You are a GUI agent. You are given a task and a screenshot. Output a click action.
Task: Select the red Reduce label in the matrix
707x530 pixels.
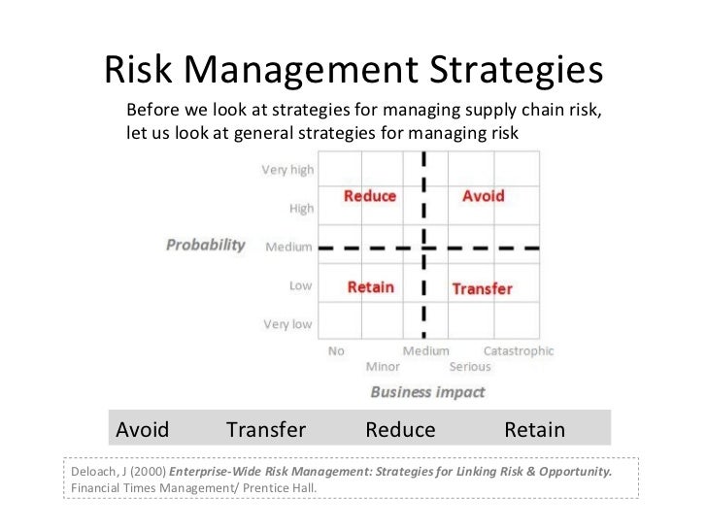point(370,196)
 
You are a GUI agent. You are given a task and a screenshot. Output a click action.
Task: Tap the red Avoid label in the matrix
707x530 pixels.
point(483,196)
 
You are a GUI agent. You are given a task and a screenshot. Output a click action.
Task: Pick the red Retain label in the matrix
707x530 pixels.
point(371,287)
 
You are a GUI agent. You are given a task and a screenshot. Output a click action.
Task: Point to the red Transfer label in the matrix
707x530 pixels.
point(482,288)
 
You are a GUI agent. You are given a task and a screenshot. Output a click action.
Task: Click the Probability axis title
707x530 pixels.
point(205,245)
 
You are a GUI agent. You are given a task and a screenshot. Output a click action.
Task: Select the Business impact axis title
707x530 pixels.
point(427,392)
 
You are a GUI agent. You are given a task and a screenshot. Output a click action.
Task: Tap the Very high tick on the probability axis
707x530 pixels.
point(287,170)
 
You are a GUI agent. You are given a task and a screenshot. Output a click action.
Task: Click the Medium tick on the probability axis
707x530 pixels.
point(289,247)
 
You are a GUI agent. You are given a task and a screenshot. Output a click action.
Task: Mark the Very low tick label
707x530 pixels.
point(288,324)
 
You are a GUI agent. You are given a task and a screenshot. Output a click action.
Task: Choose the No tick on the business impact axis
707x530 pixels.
point(336,351)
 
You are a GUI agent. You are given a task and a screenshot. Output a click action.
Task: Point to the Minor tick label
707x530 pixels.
point(383,367)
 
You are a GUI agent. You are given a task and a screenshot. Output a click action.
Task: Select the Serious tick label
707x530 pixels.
point(470,367)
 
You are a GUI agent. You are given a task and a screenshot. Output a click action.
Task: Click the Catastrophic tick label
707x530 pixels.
point(519,351)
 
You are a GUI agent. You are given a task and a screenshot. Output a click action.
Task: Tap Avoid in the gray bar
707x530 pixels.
point(143,430)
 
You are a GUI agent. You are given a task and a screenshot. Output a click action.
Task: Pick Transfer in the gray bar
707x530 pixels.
point(266,430)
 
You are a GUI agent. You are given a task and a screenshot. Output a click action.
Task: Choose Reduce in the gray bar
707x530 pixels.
point(400,430)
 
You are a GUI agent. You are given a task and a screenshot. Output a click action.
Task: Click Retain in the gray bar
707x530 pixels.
point(534,430)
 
